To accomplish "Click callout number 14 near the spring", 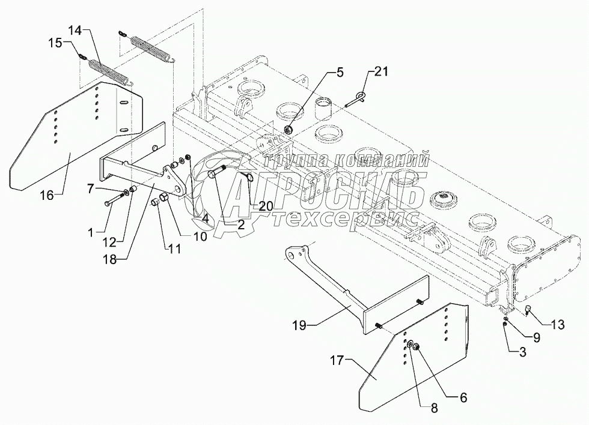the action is (76, 31).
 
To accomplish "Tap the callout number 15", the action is (55, 43).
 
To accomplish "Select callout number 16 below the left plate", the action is (47, 196).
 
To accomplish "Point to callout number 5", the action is (339, 73).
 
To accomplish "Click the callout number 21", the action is (381, 71).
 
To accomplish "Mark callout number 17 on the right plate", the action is (337, 361).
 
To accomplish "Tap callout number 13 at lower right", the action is (558, 325).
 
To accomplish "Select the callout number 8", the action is (434, 409).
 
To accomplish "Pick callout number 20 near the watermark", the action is (266, 206).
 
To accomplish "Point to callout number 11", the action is (174, 248).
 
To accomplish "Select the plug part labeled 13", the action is (527, 310).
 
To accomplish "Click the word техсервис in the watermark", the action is (346, 219).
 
